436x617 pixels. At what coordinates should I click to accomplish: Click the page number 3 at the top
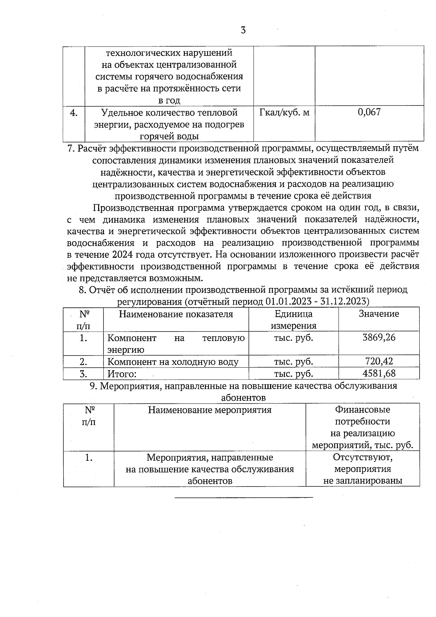(243, 30)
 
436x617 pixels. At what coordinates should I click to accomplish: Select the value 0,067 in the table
(369, 112)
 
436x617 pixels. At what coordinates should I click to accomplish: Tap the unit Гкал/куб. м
(284, 112)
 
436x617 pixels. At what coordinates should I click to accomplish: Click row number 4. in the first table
(74, 113)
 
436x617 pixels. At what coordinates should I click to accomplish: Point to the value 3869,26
(379, 337)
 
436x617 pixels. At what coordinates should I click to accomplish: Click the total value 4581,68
(379, 373)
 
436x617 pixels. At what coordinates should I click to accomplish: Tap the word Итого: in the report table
(122, 374)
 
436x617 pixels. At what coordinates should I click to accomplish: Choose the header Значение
(379, 314)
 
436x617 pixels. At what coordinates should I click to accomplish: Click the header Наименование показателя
(176, 314)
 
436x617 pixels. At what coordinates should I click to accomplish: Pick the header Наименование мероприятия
(210, 410)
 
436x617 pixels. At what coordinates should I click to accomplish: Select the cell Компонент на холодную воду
(173, 362)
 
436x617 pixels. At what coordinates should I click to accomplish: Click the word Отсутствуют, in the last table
(362, 457)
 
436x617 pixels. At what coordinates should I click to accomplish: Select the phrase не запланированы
(363, 481)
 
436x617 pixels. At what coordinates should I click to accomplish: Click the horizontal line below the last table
(243, 497)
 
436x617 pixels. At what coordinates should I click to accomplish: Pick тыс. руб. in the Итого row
(293, 374)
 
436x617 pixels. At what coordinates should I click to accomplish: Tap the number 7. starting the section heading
(72, 148)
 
